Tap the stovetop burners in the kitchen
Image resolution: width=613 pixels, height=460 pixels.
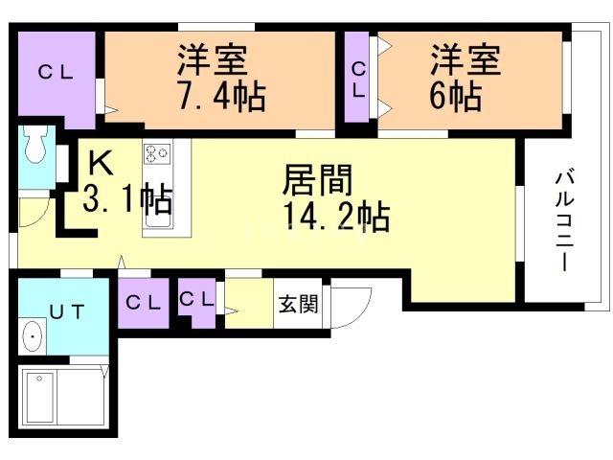pyautogui.click(x=157, y=153)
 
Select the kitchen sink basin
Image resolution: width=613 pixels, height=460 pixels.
pyautogui.click(x=158, y=218)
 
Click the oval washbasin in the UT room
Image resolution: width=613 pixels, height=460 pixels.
pyautogui.click(x=33, y=336)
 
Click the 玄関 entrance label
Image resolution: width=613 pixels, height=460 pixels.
pyautogui.click(x=298, y=303)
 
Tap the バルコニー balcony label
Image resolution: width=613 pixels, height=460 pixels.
pyautogui.click(x=564, y=218)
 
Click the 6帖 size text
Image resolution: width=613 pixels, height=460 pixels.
pyautogui.click(x=456, y=95)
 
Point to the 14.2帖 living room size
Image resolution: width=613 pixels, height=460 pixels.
pyautogui.click(x=336, y=216)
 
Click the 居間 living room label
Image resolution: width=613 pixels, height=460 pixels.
pyautogui.click(x=317, y=180)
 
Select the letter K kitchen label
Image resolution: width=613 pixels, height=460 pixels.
pyautogui.click(x=101, y=163)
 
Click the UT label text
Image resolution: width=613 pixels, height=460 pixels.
pyautogui.click(x=67, y=311)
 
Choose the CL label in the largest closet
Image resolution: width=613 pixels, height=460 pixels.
pyautogui.click(x=56, y=72)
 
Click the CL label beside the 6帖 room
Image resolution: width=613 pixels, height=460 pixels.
pyautogui.click(x=358, y=80)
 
